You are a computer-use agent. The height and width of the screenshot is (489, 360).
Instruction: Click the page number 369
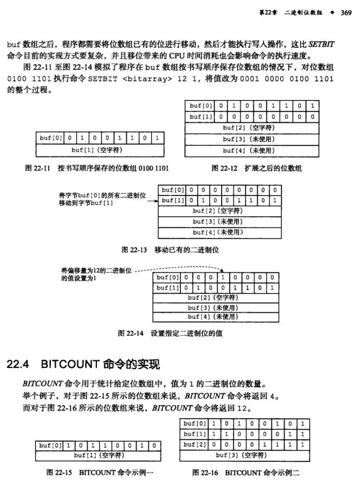point(345,12)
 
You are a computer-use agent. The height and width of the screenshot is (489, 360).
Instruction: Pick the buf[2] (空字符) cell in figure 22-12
point(251,128)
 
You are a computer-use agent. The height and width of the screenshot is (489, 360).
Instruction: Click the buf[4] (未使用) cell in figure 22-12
point(251,150)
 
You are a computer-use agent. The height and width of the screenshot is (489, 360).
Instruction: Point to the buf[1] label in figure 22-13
point(173,200)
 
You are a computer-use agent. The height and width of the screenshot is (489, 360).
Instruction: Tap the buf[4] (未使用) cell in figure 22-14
point(213,316)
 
